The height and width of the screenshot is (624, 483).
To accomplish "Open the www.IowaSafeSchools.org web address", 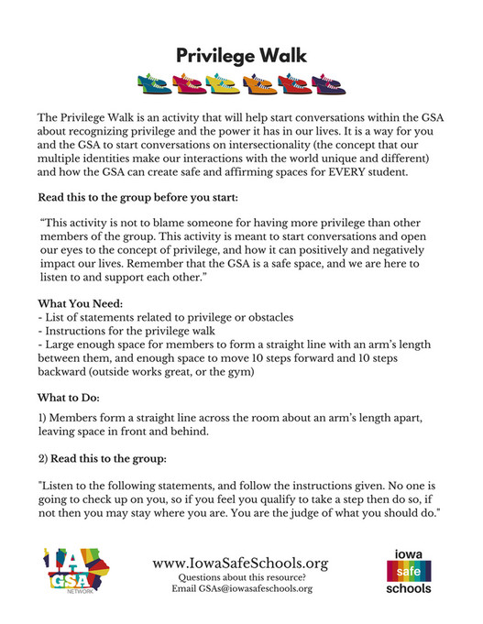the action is (x=240, y=563).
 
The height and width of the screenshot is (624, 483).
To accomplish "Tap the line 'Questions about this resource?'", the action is (x=240, y=577).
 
